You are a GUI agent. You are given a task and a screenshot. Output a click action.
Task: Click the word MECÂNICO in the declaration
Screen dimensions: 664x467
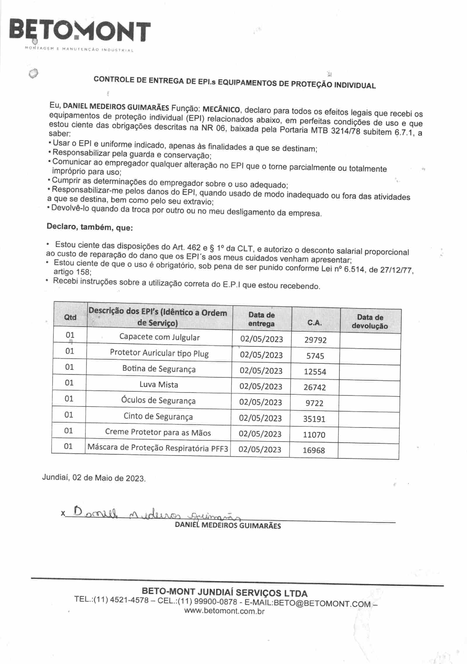tap(221, 109)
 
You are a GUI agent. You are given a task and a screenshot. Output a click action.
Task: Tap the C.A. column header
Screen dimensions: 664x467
tap(315, 323)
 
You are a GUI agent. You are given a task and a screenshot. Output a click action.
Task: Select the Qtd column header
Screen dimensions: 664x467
tap(70, 317)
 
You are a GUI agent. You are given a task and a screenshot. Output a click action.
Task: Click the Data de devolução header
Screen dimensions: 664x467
tap(370, 322)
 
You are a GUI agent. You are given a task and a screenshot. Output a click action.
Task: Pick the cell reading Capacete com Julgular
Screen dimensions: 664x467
tap(159, 337)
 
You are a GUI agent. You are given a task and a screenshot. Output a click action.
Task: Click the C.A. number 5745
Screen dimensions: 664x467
tap(315, 356)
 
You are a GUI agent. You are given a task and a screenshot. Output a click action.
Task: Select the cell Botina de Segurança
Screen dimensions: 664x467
tap(159, 369)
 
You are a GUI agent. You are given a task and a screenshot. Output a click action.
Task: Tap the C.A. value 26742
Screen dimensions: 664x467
tap(315, 387)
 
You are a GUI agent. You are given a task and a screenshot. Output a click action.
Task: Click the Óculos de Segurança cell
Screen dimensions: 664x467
tap(158, 400)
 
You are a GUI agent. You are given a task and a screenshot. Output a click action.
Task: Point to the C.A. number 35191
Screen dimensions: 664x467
tap(314, 419)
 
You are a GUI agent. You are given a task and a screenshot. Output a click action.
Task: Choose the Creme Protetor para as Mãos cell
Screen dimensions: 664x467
tap(158, 432)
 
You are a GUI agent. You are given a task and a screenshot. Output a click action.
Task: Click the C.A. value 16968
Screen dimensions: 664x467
tap(314, 450)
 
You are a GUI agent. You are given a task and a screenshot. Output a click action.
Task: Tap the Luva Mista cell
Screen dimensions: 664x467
tap(158, 385)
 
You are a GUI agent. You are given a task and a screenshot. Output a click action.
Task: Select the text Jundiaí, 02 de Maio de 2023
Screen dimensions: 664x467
tap(94, 478)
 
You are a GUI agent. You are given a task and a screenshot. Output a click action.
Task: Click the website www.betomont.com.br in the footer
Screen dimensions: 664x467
tap(224, 611)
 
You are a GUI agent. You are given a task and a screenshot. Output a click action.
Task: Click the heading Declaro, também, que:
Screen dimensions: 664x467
tap(90, 227)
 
